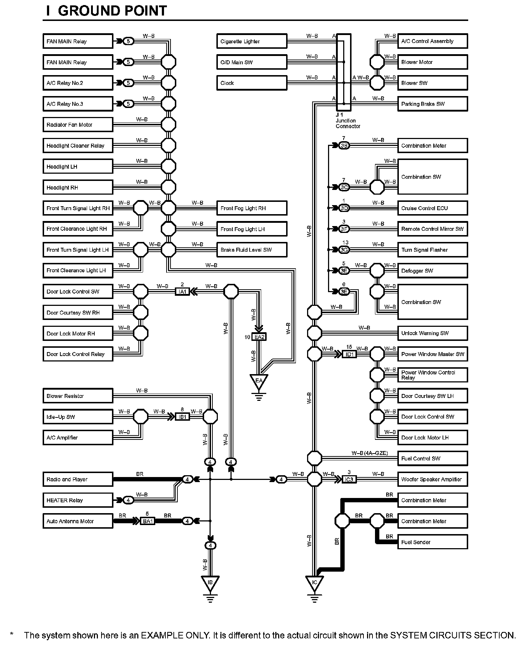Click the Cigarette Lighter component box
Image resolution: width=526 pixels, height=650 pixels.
pos(251,41)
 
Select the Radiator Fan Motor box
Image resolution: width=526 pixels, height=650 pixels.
pos(78,125)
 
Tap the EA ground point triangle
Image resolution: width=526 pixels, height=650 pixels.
pos(259,381)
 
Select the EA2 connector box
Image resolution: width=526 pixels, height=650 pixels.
pos(259,337)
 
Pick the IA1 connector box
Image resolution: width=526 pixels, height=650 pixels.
pos(182,291)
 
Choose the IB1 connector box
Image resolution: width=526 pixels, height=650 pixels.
pos(182,417)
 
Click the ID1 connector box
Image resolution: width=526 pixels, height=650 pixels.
pos(349,354)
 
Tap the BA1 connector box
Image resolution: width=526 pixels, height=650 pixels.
pos(148,521)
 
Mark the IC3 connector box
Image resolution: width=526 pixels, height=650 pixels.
pos(349,480)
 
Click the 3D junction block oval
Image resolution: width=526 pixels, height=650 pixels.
pos(344,208)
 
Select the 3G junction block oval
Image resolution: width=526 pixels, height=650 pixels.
pos(344,250)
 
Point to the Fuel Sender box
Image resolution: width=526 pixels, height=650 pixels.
pos(432,542)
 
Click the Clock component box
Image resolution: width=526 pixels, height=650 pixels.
pos(251,83)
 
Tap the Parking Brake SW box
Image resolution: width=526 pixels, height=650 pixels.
pos(432,104)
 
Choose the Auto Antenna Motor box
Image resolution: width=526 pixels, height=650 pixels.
pos(78,521)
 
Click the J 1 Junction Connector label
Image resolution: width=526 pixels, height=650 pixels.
pos(348,121)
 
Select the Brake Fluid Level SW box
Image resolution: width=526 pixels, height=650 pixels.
pos(251,250)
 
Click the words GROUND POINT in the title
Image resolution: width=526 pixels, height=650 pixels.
pos(112,11)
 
